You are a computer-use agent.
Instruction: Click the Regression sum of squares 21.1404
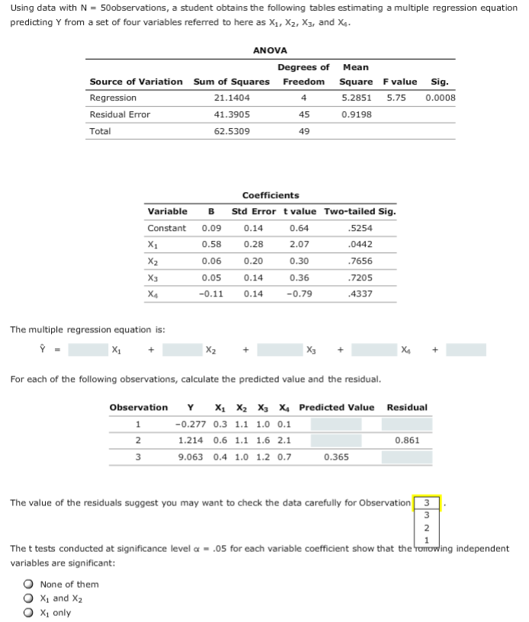[232, 98]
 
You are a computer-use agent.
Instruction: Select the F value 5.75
[396, 98]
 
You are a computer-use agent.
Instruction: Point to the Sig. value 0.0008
[441, 98]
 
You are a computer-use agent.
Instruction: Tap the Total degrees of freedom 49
[304, 131]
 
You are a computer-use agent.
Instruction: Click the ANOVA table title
[270, 50]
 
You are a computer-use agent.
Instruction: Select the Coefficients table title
[271, 195]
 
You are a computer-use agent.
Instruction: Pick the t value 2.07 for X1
[300, 244]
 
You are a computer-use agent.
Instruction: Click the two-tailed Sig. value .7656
[359, 261]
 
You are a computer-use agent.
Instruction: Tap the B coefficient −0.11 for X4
[210, 293]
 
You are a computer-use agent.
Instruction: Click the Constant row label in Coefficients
[166, 228]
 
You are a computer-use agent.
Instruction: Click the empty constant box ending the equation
[466, 350]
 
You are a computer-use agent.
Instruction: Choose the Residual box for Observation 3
[406, 457]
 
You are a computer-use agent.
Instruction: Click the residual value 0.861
[407, 441]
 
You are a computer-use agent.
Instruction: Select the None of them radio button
[28, 585]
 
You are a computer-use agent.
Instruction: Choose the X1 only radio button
[28, 612]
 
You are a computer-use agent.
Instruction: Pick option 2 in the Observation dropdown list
[427, 527]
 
